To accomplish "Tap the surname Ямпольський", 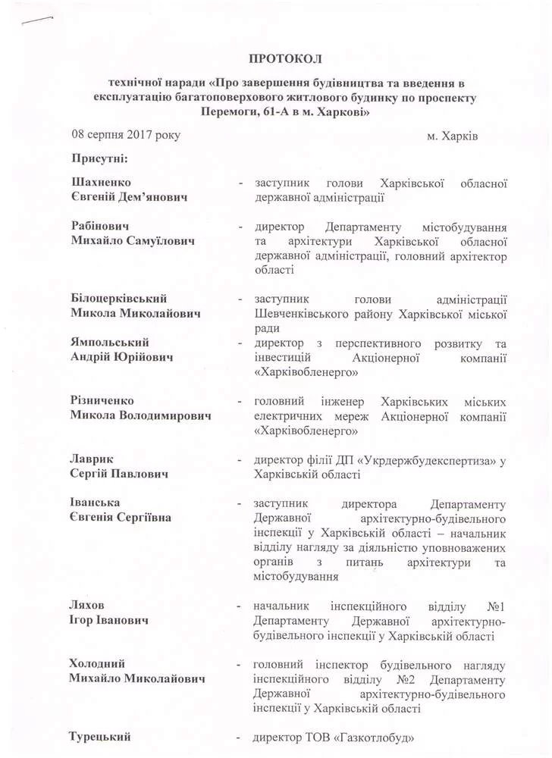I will point(110,343).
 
